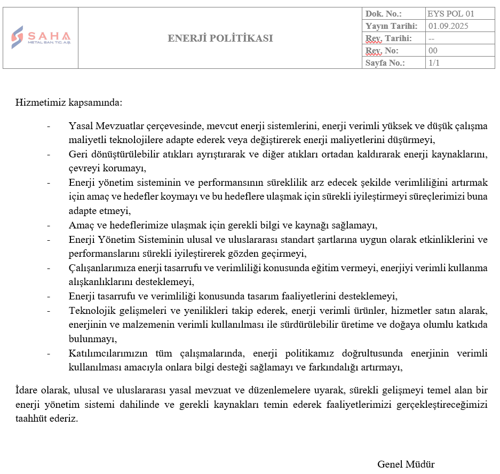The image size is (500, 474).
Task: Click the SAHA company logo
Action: tap(41, 37)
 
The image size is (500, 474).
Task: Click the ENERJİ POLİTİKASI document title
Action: tap(220, 38)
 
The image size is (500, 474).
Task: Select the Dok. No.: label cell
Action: tap(383, 14)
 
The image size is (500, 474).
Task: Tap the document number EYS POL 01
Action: tap(450, 14)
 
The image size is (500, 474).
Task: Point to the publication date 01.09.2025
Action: tap(448, 26)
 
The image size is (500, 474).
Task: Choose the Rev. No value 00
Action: tap(433, 51)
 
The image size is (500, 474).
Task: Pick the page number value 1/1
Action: tap(434, 63)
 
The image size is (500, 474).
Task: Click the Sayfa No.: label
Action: tap(385, 63)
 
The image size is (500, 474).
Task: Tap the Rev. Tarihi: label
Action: tap(388, 38)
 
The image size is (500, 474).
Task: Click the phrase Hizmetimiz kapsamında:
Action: tap(69, 102)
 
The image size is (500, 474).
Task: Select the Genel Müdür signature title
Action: tap(406, 464)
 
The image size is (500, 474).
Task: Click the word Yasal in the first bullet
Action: tap(81, 127)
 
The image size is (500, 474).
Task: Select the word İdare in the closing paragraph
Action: tap(27, 390)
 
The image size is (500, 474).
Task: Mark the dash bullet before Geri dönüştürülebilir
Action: tap(49, 155)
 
